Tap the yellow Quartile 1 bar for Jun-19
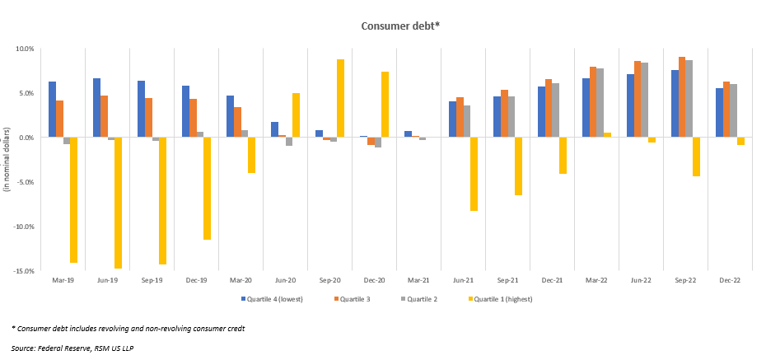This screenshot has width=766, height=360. pyautogui.click(x=118, y=203)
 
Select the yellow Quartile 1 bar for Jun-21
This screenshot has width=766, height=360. pyautogui.click(x=474, y=174)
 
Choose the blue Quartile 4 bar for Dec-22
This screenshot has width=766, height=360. pyautogui.click(x=718, y=113)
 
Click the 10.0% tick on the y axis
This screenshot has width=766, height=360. pyautogui.click(x=25, y=49)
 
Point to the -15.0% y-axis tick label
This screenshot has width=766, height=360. pyautogui.click(x=23, y=271)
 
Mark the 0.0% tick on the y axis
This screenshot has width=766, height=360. pyautogui.click(x=26, y=138)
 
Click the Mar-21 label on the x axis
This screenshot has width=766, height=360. pyautogui.click(x=418, y=281)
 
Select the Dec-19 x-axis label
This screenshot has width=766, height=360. pyautogui.click(x=196, y=281)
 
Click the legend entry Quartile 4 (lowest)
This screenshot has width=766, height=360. pyautogui.click(x=275, y=299)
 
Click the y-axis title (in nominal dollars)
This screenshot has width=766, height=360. pyautogui.click(x=7, y=160)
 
